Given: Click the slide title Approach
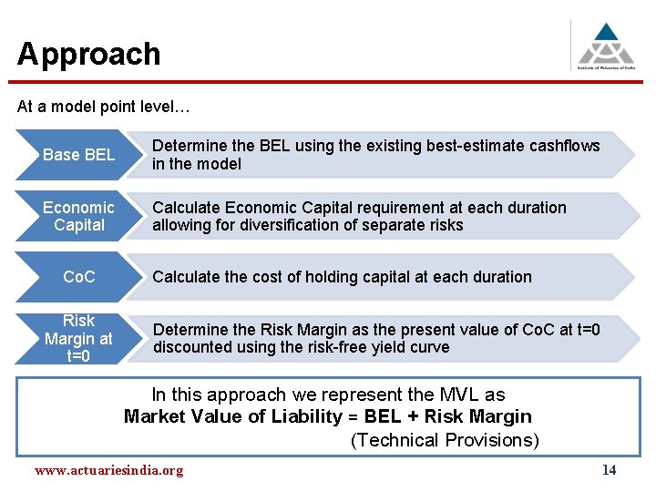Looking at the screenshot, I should (x=88, y=54).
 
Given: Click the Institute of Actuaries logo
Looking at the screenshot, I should (x=605, y=44).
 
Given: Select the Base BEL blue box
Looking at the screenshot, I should (x=78, y=155).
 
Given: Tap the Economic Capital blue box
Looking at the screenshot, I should (x=78, y=216).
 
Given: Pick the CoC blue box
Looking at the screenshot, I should (x=78, y=277).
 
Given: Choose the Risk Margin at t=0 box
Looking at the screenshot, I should (x=78, y=338).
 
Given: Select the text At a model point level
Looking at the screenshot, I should (x=103, y=107).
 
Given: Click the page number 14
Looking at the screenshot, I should (x=609, y=470).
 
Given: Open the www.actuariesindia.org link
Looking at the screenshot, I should (x=108, y=471).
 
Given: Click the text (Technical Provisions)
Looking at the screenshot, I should (x=445, y=440).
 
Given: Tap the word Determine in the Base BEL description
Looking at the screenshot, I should (x=190, y=146).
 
